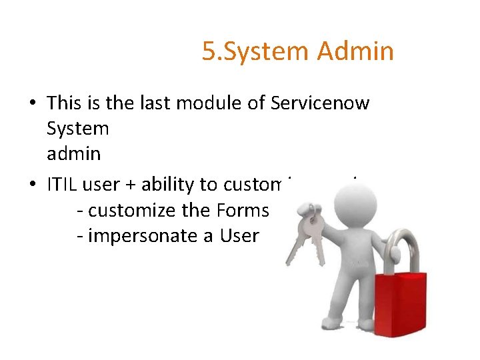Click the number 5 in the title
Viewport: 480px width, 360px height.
pos(208,51)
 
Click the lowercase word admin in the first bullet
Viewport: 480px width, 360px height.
pos(74,154)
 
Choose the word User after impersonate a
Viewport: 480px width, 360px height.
pos(236,235)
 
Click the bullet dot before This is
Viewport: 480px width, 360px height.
pos(32,103)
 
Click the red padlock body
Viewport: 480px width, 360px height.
pos(399,304)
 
